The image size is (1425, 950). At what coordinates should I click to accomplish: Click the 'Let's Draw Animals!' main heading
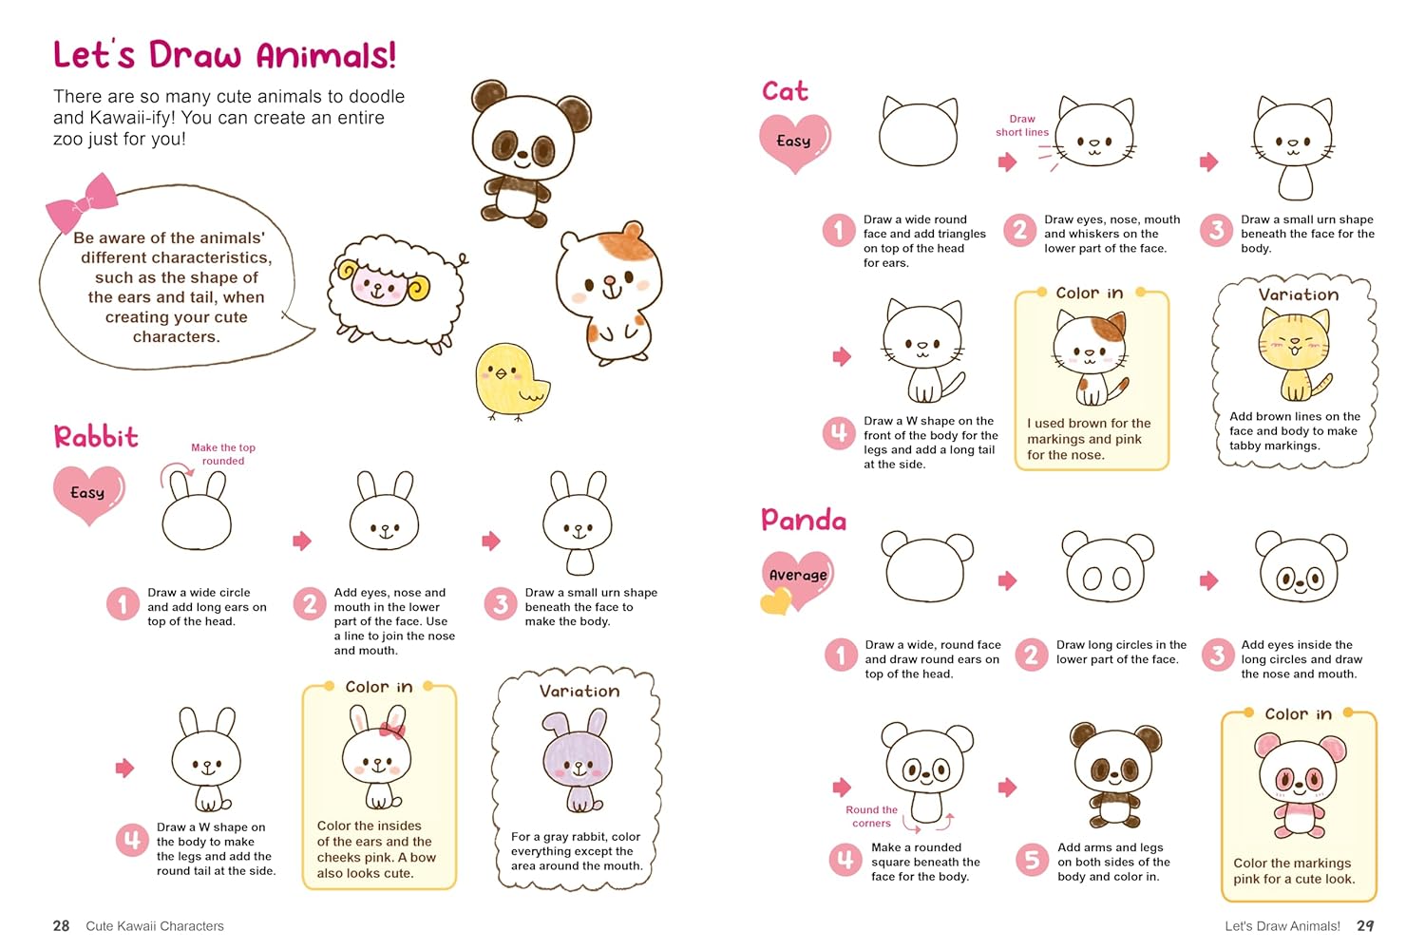pyautogui.click(x=224, y=55)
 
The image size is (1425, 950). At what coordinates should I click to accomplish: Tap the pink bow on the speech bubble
pyautogui.click(x=82, y=201)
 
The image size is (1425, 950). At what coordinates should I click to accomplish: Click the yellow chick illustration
pyautogui.click(x=511, y=382)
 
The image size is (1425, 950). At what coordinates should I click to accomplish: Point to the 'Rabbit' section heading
pyautogui.click(x=96, y=437)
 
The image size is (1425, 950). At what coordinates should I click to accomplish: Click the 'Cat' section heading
pyautogui.click(x=785, y=91)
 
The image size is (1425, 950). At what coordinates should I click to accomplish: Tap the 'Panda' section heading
pyautogui.click(x=804, y=520)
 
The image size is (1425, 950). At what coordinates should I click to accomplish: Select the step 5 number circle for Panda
pyautogui.click(x=1031, y=860)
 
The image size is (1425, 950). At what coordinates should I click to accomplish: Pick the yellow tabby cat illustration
pyautogui.click(x=1295, y=354)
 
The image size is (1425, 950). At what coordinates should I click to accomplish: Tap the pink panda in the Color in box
pyautogui.click(x=1300, y=785)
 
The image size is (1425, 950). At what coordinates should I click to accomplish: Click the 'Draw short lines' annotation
pyautogui.click(x=1021, y=125)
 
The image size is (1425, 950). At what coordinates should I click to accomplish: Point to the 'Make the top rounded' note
pyautogui.click(x=223, y=454)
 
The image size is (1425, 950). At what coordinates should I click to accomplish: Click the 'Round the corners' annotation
pyautogui.click(x=871, y=816)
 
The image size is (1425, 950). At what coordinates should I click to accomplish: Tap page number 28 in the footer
pyautogui.click(x=61, y=926)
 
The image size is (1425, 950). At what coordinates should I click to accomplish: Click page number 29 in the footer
pyautogui.click(x=1365, y=926)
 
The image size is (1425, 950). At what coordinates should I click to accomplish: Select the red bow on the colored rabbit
pyautogui.click(x=392, y=731)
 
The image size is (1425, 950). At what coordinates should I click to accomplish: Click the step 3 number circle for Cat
pyautogui.click(x=1216, y=230)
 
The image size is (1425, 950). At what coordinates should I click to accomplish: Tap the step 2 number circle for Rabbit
pyautogui.click(x=310, y=603)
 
